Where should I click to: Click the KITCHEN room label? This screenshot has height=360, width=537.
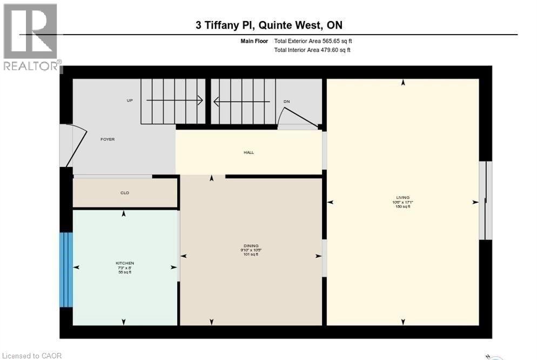(125, 263)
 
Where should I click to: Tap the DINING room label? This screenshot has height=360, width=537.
(251, 246)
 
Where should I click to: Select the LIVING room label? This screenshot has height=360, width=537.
(402, 197)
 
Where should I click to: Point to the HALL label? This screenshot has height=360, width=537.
(249, 152)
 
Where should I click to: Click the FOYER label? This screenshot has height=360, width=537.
(108, 139)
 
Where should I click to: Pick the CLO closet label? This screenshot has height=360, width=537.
(125, 193)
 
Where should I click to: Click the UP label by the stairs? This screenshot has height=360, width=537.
(130, 101)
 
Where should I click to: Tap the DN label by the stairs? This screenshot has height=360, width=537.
(287, 102)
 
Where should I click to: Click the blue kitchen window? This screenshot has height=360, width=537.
(66, 270)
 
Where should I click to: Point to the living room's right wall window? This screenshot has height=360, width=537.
(486, 201)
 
